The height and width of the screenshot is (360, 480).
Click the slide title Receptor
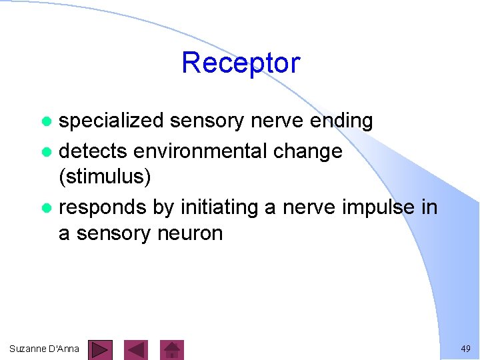(241, 63)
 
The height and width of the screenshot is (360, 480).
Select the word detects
(93, 151)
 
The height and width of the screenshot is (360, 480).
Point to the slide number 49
(465, 349)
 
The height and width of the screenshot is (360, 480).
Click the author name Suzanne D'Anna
(45, 349)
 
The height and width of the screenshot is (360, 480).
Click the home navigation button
(173, 349)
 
